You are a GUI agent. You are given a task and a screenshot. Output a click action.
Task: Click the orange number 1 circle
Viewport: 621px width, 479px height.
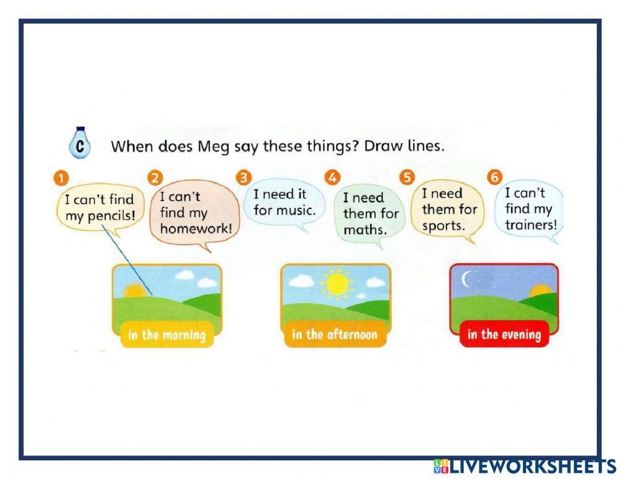60,179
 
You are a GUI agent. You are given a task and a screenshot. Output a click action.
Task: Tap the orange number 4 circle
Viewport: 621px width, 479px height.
332,178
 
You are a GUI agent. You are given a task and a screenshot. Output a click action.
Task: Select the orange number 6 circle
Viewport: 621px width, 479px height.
495,177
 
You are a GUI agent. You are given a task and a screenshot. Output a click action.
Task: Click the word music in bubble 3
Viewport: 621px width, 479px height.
296,210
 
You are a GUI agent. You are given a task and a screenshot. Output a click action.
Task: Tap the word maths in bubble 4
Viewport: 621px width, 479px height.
365,230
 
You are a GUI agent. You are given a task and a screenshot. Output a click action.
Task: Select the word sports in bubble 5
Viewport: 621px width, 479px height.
443,225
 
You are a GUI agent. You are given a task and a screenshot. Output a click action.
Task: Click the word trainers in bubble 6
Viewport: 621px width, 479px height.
531,225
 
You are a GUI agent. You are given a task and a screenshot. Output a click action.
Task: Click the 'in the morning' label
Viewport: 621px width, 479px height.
166,335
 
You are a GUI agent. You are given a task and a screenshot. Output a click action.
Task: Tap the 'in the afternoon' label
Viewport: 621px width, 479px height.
334,335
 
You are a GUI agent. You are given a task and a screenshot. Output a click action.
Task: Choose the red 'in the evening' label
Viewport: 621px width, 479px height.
504,335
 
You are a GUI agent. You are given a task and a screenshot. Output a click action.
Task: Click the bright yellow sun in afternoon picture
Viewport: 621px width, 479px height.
337,284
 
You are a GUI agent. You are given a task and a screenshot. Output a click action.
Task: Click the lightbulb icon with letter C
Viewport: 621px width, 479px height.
79,144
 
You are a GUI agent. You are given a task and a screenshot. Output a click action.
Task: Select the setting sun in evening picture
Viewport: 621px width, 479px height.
540,289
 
